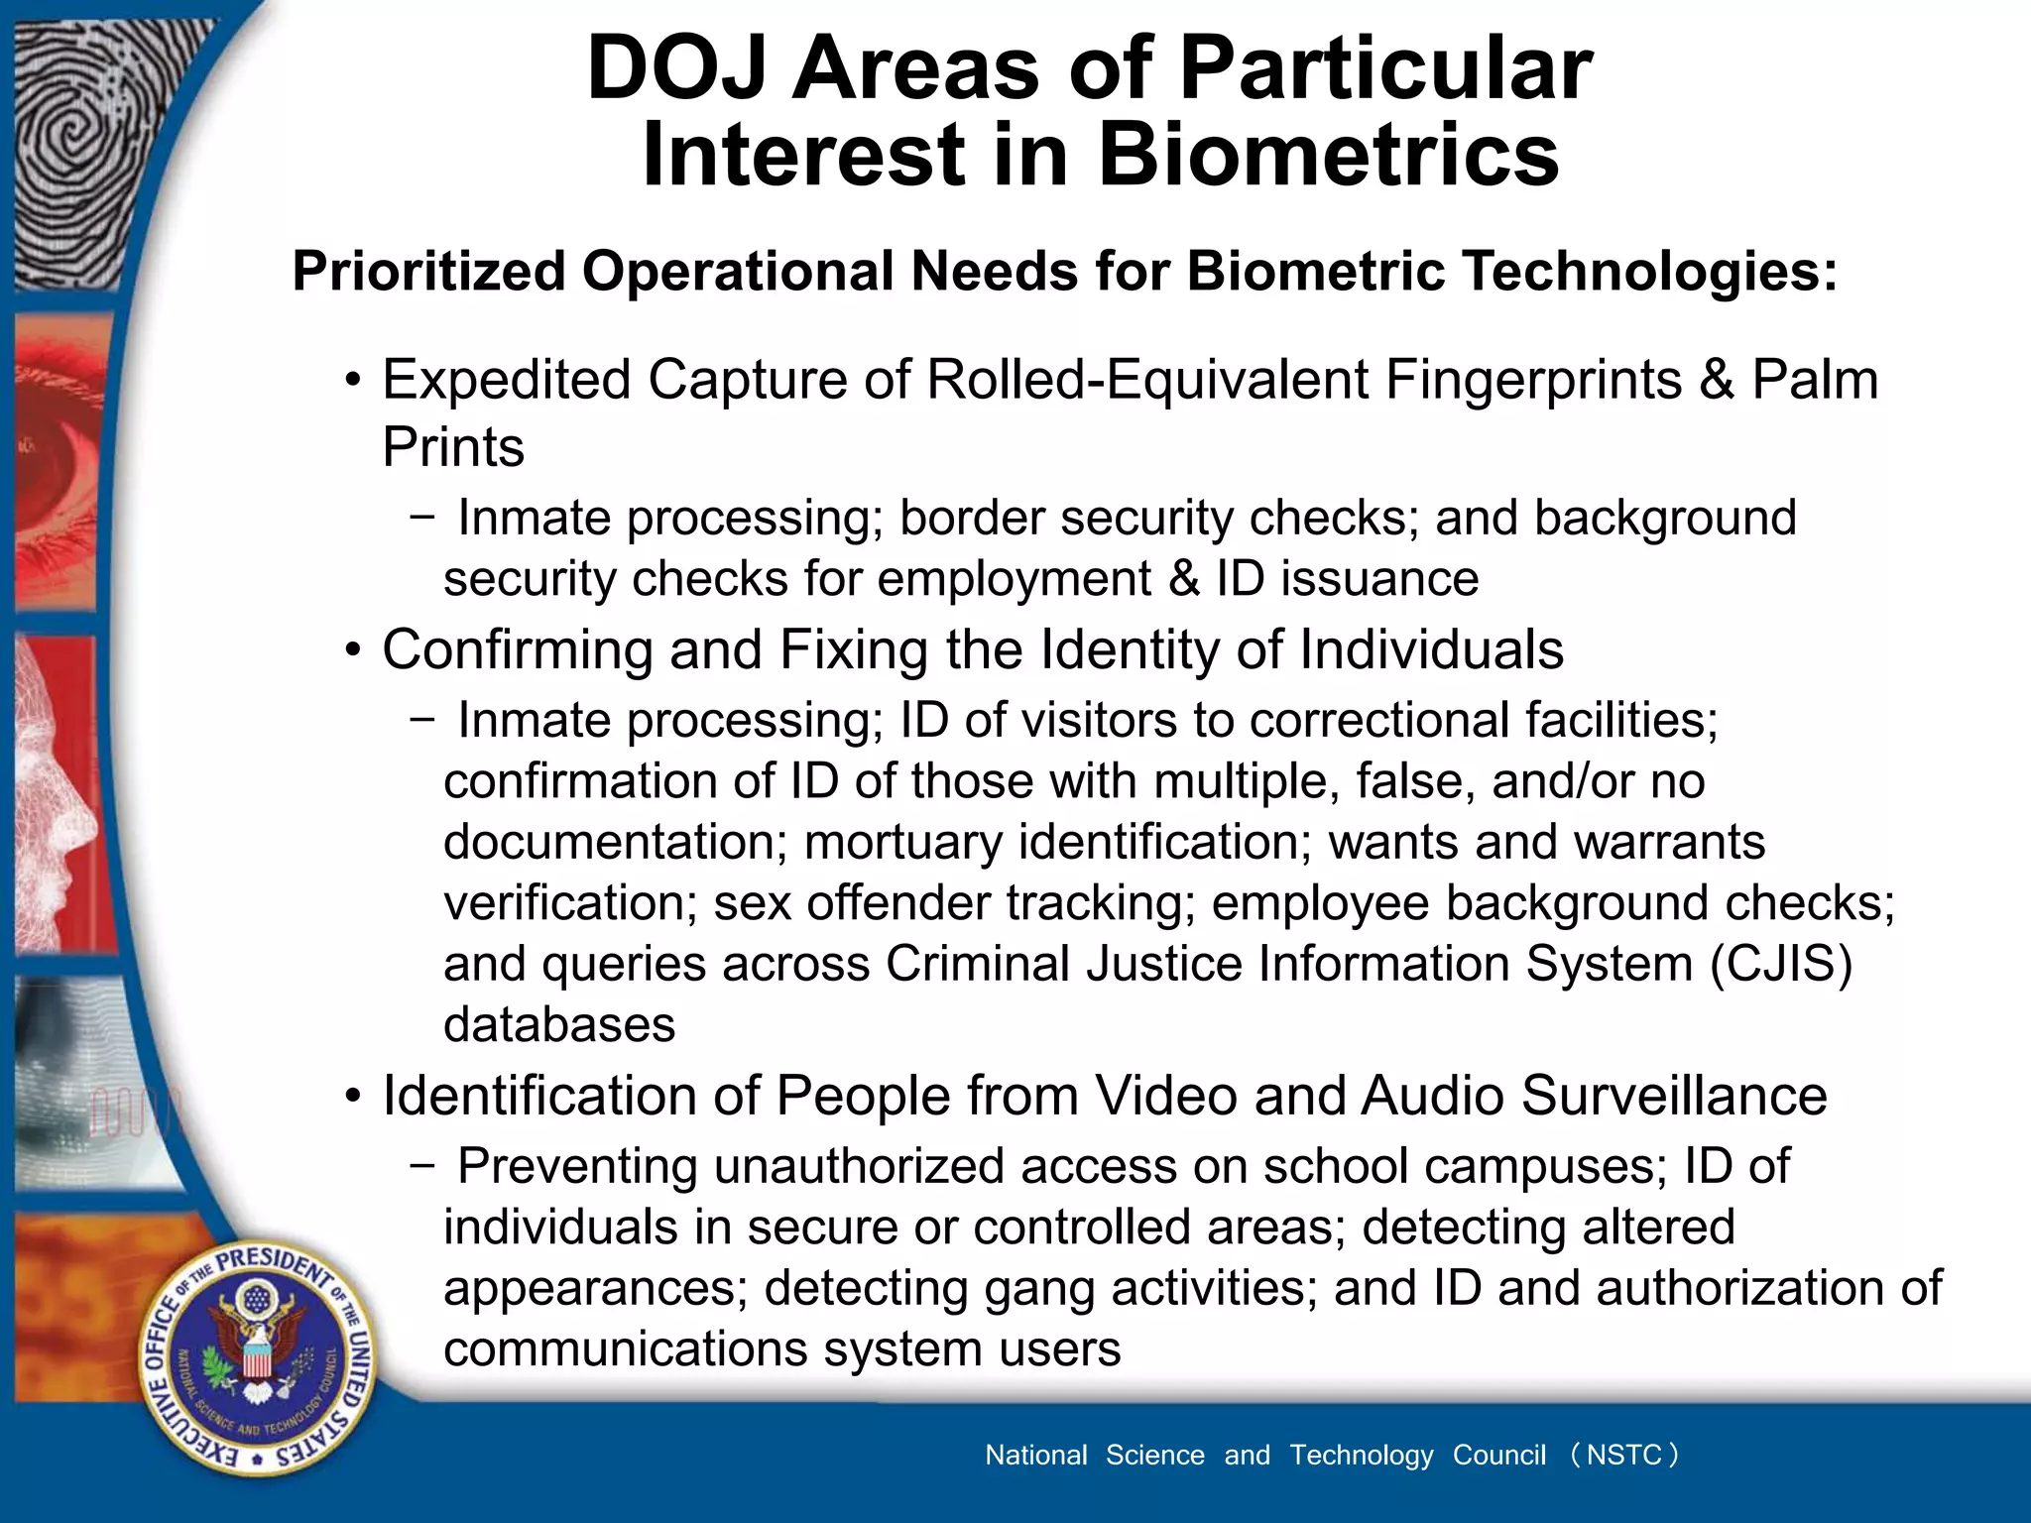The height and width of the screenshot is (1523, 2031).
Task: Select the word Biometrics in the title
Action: point(1328,156)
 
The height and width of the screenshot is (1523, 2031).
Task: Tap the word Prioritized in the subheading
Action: point(428,271)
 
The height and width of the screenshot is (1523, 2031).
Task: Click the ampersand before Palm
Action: point(1716,380)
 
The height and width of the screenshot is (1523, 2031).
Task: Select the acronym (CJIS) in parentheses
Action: point(1780,964)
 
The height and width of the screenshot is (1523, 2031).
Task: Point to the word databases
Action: point(559,1025)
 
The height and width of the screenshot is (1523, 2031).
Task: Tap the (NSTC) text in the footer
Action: point(1623,1455)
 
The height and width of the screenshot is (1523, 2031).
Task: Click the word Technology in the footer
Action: point(1361,1455)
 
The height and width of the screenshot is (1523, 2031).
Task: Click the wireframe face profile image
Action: point(60,793)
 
